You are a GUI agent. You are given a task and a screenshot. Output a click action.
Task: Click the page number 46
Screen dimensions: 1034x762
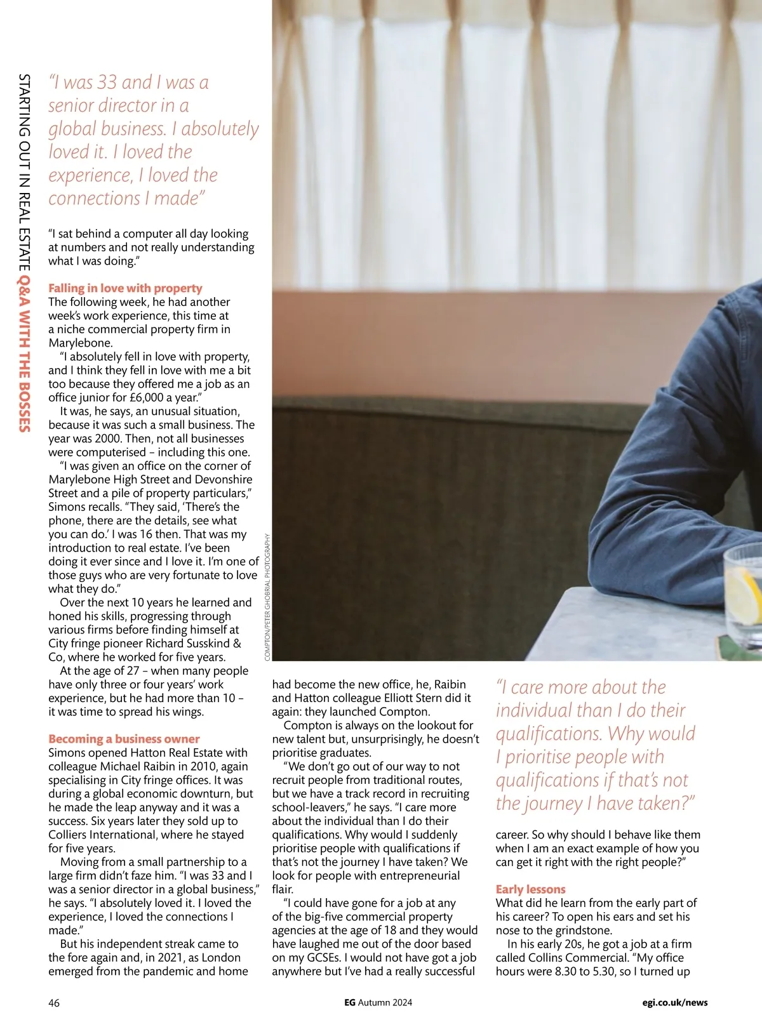(x=54, y=1002)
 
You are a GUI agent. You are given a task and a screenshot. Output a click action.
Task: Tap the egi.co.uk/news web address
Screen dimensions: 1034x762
(x=674, y=1002)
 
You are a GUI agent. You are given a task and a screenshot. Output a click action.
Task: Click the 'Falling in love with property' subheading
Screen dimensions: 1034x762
(x=125, y=288)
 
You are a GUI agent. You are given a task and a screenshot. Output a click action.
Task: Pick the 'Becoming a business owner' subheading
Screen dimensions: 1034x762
(x=124, y=739)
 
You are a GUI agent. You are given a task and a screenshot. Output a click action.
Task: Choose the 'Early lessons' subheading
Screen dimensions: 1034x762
(x=530, y=889)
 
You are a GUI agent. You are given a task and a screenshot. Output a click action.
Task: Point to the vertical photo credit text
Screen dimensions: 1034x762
(x=267, y=596)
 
